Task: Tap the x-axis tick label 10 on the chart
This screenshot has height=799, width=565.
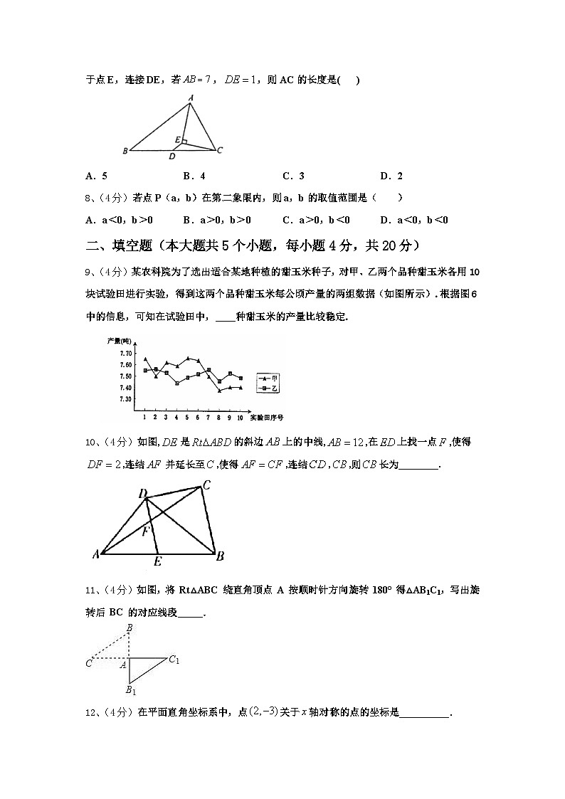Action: tap(241, 416)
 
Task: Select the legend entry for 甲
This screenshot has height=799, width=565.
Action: tap(268, 379)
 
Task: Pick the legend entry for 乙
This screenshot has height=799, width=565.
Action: tap(268, 389)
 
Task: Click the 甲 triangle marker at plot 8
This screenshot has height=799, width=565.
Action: tap(219, 391)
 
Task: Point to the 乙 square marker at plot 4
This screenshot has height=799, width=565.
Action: tap(176, 383)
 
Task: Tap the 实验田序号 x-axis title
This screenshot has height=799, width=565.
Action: tap(270, 416)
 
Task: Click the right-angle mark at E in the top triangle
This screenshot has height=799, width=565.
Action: tap(184, 142)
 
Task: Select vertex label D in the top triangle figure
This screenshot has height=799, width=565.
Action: tap(171, 156)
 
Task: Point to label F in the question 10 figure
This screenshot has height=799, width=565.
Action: tap(144, 530)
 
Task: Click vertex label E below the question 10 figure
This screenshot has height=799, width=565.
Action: tap(157, 562)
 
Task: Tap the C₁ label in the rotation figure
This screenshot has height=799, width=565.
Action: tap(174, 660)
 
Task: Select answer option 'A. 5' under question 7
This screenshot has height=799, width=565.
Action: tap(96, 176)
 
